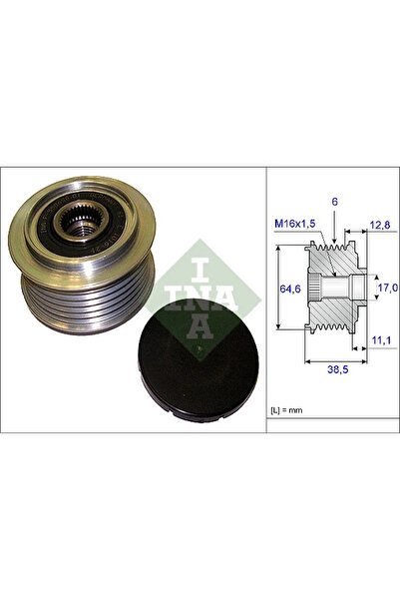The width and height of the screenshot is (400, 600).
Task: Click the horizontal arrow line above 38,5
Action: (x=337, y=357)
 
